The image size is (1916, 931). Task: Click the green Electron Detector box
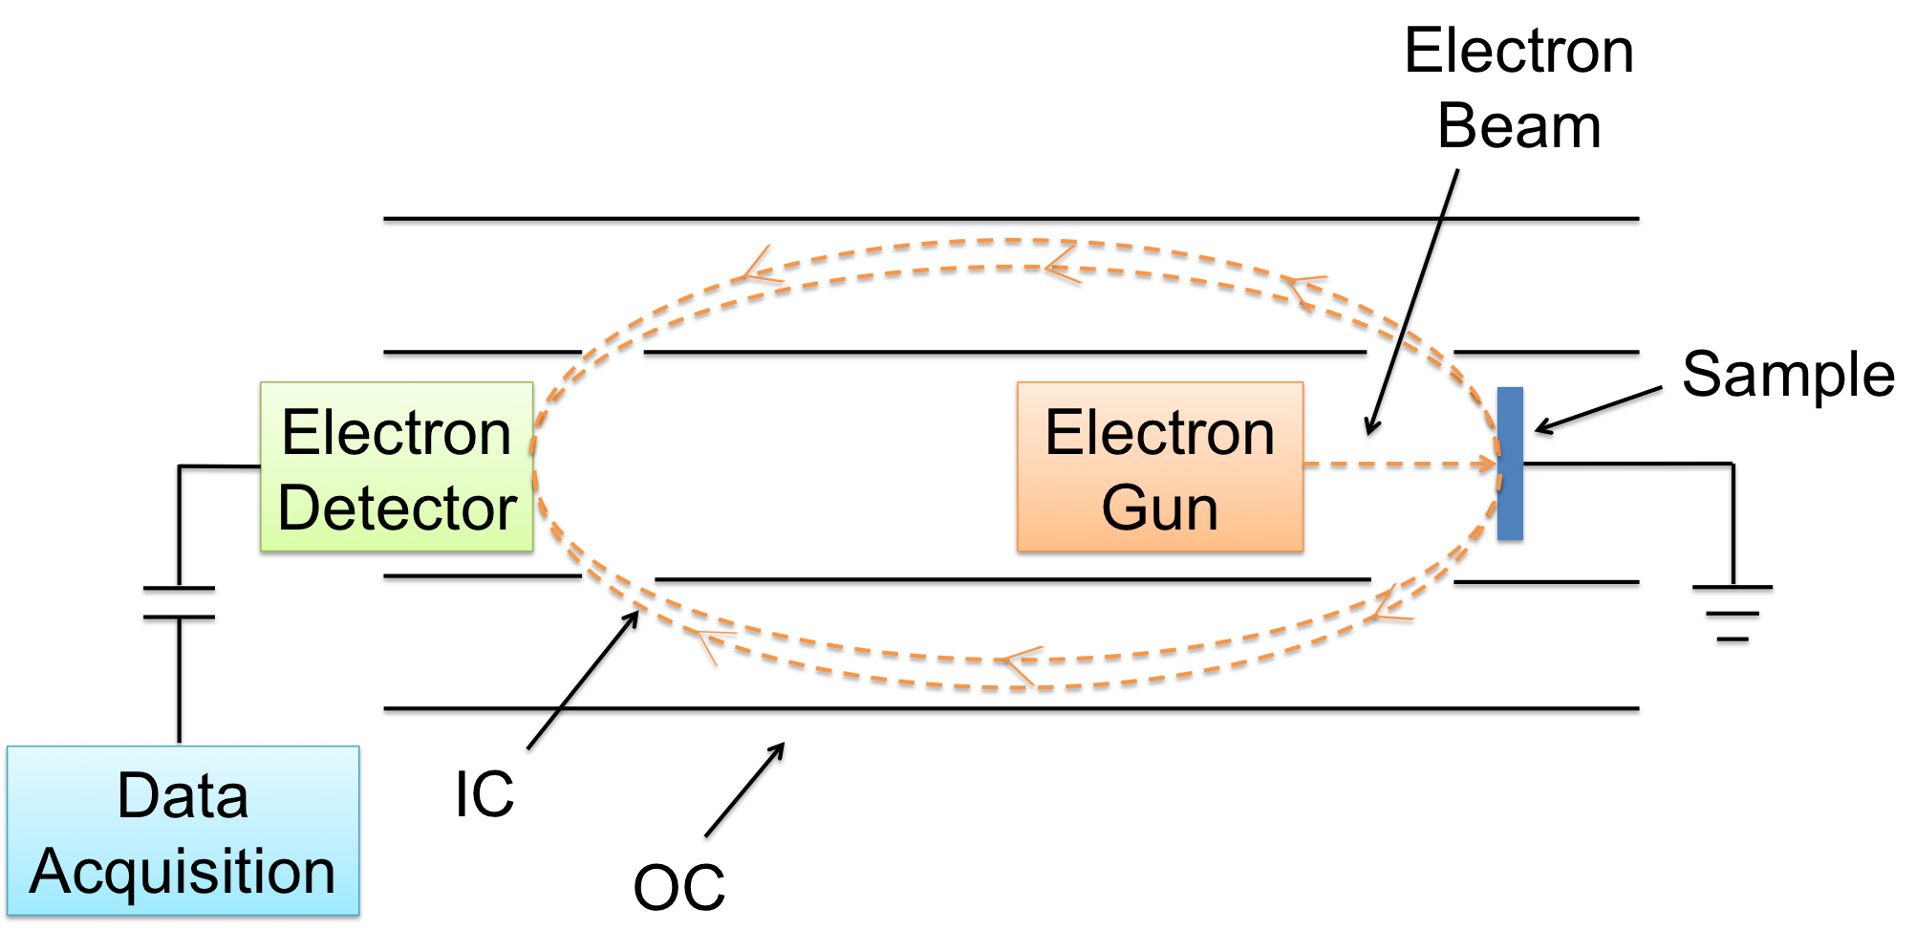[397, 468]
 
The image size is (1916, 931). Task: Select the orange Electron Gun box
[1159, 468]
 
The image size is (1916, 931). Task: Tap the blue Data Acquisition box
[183, 833]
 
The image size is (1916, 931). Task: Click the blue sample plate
[1510, 465]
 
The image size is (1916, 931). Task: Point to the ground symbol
[1733, 616]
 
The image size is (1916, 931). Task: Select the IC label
[484, 794]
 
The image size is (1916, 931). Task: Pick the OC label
[679, 887]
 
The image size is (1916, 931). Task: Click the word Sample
[1788, 374]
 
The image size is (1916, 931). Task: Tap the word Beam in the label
[1518, 126]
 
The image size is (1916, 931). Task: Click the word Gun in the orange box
[1159, 508]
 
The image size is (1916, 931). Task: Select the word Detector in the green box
[398, 508]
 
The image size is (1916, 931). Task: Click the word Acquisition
[183, 871]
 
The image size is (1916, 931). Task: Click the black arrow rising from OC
[745, 791]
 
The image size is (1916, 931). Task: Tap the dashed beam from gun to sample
[1400, 465]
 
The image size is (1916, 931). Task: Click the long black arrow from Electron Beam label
[1414, 306]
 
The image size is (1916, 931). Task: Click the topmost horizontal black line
[1011, 222]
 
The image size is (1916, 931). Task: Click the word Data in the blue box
[183, 795]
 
